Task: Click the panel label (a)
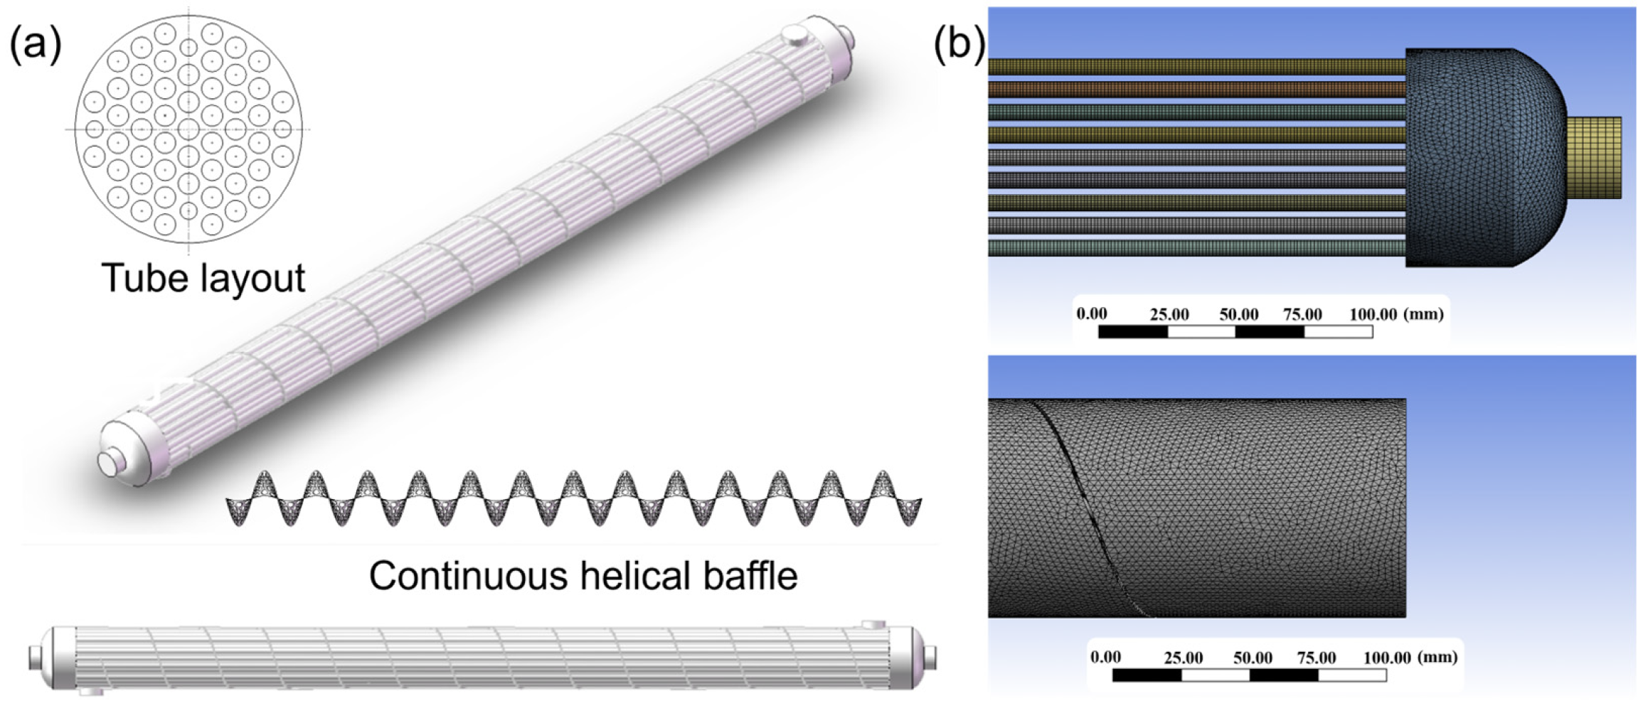click(36, 45)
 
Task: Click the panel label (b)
click(959, 45)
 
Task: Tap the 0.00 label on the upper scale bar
click(1091, 314)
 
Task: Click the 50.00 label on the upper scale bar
click(1238, 314)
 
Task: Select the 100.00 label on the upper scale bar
click(1373, 314)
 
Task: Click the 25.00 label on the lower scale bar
click(1183, 658)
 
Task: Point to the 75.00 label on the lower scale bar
click(1316, 658)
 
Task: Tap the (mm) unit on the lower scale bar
click(1437, 657)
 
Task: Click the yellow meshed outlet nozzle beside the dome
click(1594, 157)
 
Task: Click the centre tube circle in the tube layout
click(188, 129)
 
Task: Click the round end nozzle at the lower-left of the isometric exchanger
click(110, 462)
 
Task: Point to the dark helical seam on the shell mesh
click(1074, 498)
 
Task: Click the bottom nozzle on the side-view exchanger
click(91, 691)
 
